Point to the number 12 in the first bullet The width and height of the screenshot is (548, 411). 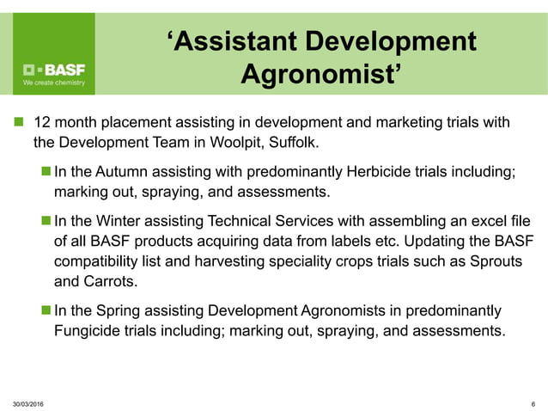pos(40,122)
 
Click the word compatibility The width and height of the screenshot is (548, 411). pos(99,261)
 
